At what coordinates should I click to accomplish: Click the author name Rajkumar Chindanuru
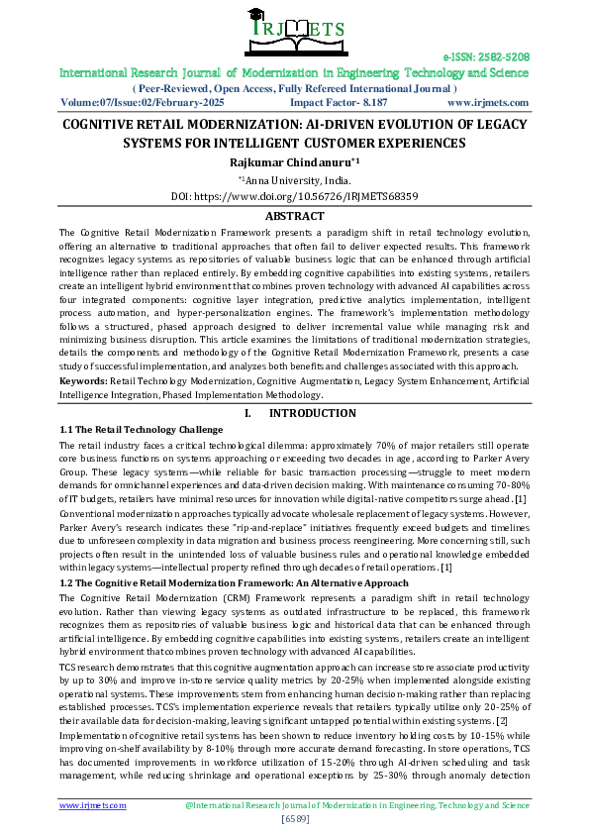tap(293, 160)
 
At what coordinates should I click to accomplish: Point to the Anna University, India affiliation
tap(295, 179)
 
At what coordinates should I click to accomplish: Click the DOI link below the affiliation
tap(294, 196)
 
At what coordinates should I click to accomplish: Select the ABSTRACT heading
tap(294, 215)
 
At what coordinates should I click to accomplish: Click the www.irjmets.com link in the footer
tap(93, 805)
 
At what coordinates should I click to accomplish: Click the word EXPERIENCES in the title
tap(414, 144)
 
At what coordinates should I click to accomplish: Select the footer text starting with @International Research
tap(357, 805)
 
